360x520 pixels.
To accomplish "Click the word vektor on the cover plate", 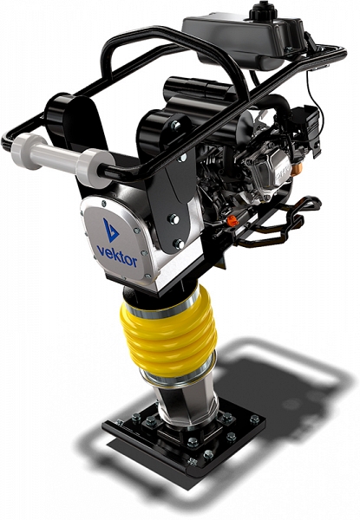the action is point(117,255).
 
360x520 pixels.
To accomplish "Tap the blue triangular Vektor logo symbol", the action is point(110,230).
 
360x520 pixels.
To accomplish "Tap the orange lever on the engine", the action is point(232,220).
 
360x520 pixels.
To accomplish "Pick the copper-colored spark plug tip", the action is point(295,170).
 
